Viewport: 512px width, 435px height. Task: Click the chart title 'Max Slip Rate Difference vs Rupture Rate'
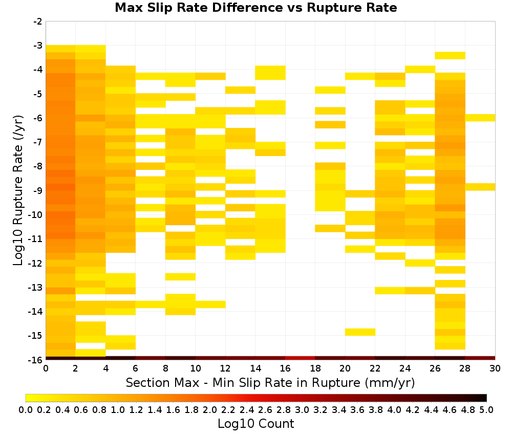[255, 8]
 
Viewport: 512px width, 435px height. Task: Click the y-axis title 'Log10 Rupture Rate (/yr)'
[18, 190]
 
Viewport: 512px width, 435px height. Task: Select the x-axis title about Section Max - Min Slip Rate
[270, 382]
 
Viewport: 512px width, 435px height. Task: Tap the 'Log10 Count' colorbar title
[255, 424]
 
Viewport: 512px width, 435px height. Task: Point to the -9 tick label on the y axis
[38, 190]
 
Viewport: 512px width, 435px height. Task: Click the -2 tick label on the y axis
[38, 21]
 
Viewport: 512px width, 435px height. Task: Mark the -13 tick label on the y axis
[36, 288]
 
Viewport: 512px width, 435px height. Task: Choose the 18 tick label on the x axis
[315, 368]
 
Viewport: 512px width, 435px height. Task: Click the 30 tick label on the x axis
[495, 368]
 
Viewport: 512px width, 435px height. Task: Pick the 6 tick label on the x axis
[136, 368]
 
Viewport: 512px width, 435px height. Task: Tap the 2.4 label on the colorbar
[247, 409]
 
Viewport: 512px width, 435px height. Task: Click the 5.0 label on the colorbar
[486, 409]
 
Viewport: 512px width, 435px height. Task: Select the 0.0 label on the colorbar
[26, 409]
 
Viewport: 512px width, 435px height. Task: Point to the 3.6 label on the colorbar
[357, 409]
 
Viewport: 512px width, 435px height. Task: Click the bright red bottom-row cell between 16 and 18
[300, 358]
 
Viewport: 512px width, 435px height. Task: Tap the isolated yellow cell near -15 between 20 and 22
[360, 332]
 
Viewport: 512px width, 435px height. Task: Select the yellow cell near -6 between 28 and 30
[480, 118]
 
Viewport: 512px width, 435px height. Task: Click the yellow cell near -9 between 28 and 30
[480, 187]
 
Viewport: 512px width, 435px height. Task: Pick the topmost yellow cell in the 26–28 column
[450, 55]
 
